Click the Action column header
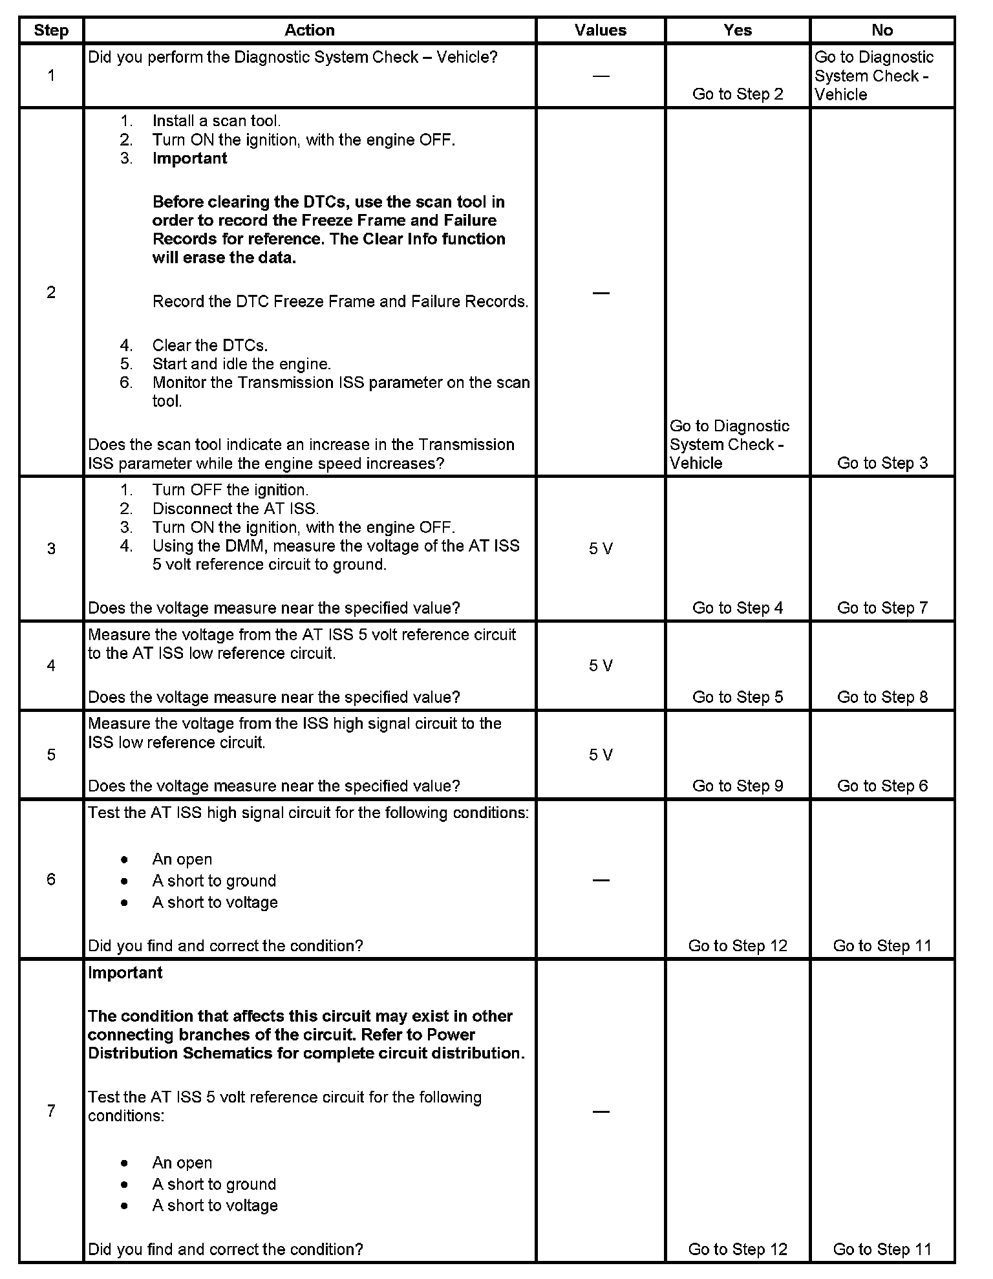(310, 30)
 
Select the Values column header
(601, 30)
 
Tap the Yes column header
(738, 30)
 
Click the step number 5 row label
(51, 755)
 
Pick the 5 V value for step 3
(601, 548)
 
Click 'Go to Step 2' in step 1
(738, 94)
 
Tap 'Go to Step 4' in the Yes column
(738, 608)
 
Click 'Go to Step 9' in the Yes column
(738, 786)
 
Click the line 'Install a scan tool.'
(216, 121)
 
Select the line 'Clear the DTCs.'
(209, 345)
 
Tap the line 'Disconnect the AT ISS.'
(235, 509)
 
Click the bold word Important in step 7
(125, 973)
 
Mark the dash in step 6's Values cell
(601, 880)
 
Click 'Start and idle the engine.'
(241, 364)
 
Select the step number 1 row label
(51, 76)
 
